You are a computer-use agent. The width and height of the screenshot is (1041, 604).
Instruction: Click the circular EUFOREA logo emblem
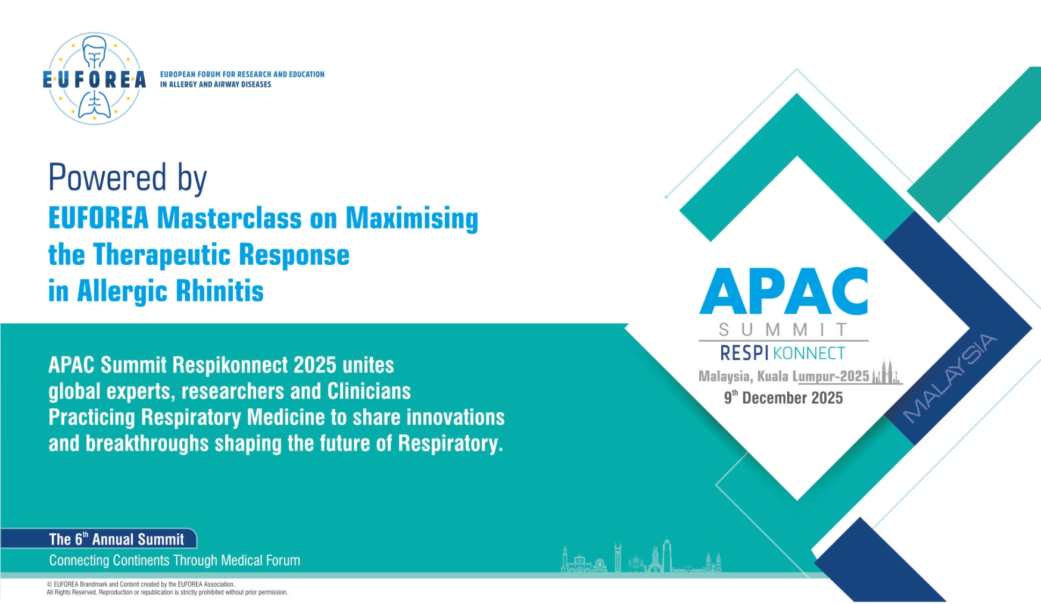94,79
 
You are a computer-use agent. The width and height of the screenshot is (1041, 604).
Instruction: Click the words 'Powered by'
127,178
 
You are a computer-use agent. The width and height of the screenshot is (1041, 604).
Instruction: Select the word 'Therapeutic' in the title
162,255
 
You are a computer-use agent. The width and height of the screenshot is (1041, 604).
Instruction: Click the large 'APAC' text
783,291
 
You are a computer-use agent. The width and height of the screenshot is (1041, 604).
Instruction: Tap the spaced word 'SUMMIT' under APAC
783,330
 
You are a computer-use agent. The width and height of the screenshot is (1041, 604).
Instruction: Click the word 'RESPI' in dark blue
744,353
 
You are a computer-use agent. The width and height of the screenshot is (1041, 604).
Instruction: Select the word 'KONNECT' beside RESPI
809,353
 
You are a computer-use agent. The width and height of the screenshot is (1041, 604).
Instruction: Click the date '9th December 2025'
783,398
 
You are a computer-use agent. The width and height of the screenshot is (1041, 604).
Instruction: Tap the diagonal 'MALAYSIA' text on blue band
949,378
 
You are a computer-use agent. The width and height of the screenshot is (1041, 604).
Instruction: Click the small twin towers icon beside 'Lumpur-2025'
887,372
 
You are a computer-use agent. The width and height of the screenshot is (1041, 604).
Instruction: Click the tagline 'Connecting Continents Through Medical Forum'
174,561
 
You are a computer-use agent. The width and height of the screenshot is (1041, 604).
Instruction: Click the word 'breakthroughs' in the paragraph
147,443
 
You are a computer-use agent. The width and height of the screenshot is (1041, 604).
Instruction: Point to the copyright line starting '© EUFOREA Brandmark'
141,584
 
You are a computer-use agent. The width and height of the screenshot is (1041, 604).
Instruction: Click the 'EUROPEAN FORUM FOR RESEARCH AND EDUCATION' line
242,74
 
